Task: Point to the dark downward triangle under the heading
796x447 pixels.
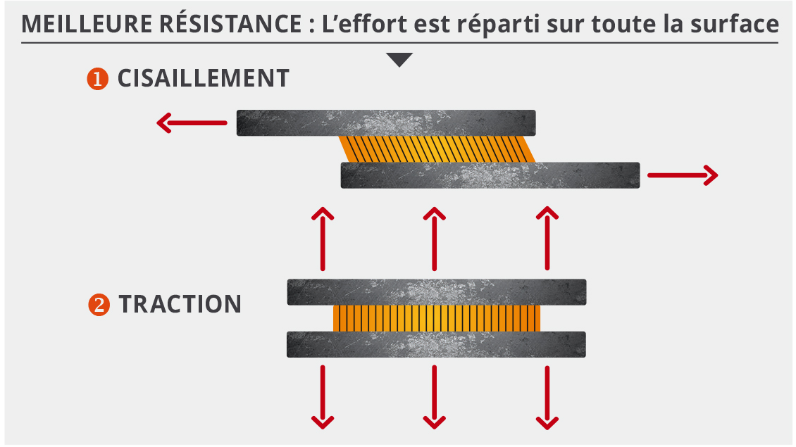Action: coord(399,60)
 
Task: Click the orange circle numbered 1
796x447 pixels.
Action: coord(97,79)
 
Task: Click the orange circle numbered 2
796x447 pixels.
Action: coord(99,305)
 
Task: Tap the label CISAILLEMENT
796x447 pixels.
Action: coord(203,79)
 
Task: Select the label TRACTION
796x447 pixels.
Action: coord(180,305)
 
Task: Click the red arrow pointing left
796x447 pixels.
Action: coord(192,124)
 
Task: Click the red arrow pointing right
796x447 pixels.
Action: coord(682,175)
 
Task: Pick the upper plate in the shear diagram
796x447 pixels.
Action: coord(386,122)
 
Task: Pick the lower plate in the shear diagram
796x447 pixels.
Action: coord(490,175)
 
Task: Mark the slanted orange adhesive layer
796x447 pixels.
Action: coord(437,149)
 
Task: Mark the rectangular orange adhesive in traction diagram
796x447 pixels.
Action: coord(437,318)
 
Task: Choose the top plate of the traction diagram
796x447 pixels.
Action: coord(437,292)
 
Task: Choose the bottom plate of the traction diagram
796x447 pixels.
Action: coord(437,344)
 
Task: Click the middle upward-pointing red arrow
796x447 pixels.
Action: coord(435,239)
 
